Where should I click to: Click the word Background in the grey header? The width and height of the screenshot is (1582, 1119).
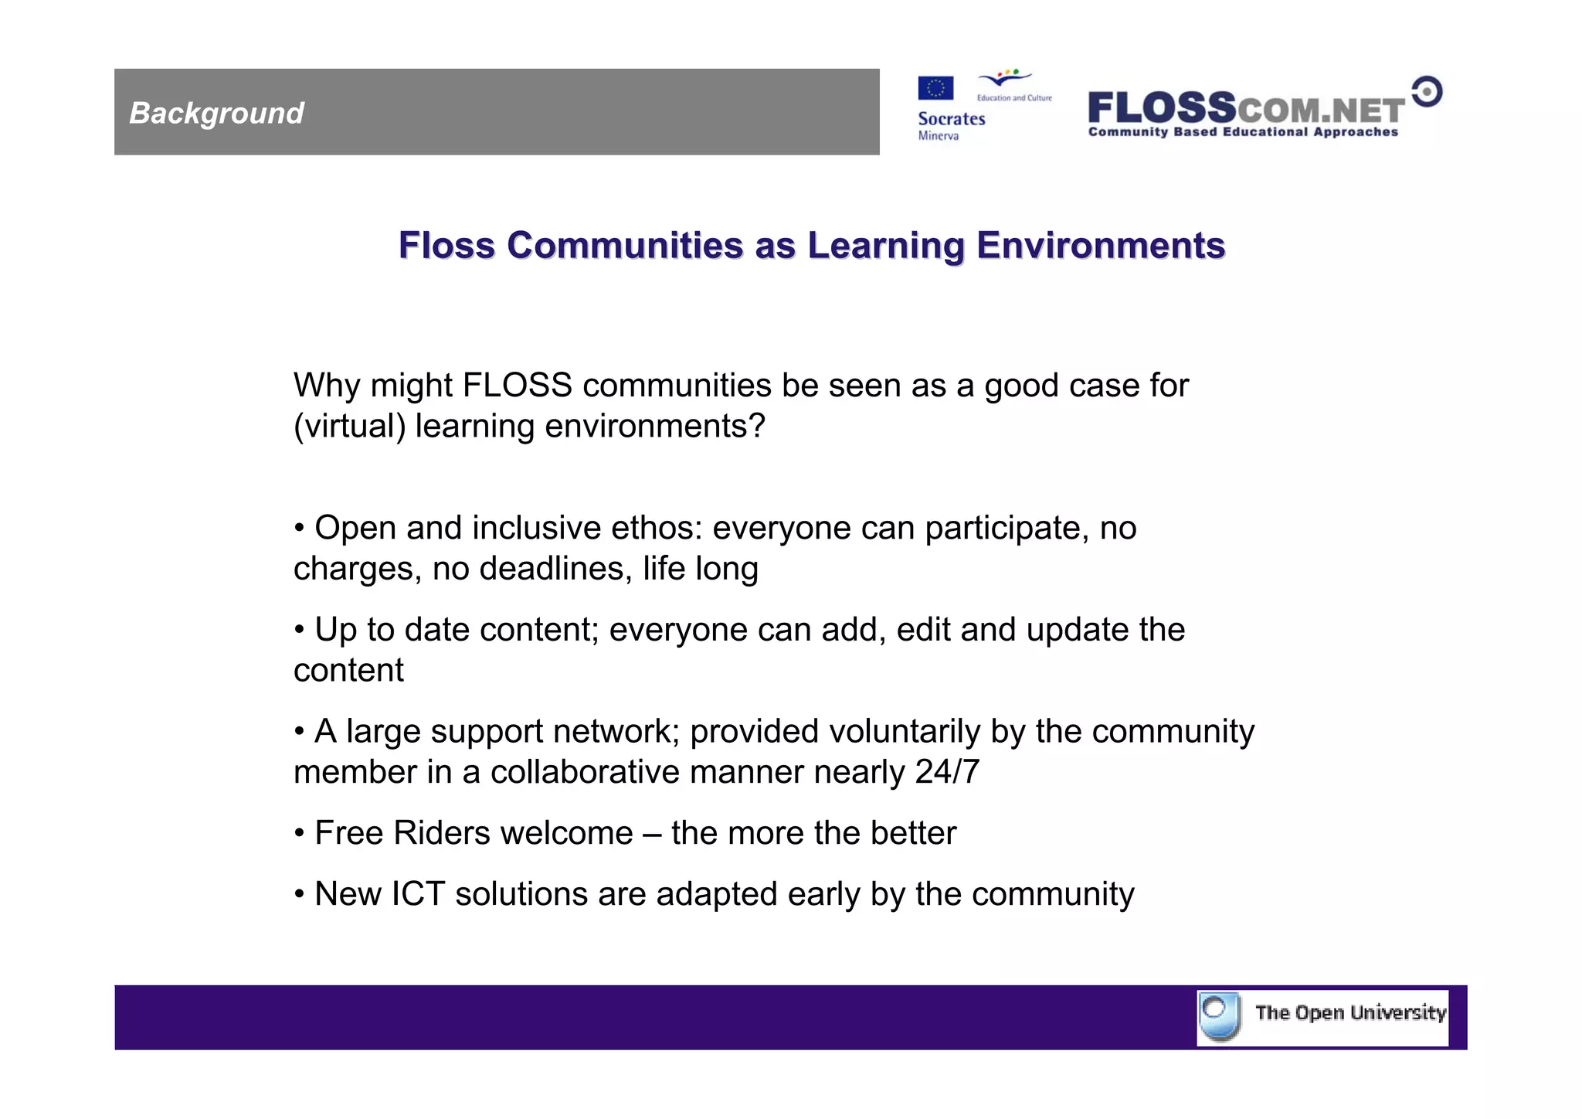[216, 113]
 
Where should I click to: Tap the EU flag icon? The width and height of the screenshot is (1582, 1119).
[935, 88]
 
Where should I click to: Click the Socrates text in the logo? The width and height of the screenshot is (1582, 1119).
[951, 119]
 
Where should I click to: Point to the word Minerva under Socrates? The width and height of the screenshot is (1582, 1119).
[938, 136]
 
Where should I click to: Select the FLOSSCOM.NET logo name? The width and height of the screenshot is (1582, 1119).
[1245, 108]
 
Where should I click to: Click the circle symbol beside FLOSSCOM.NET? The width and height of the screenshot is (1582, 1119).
[1427, 92]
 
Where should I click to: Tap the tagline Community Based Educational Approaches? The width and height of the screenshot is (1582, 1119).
[1243, 132]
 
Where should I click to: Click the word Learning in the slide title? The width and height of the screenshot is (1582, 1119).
[885, 246]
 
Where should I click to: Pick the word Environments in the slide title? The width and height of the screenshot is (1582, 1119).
[1100, 246]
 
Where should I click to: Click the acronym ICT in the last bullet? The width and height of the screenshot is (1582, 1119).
[418, 894]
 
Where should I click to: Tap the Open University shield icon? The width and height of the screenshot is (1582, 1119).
[1220, 1016]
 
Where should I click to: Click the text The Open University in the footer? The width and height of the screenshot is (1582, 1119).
[1349, 1013]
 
